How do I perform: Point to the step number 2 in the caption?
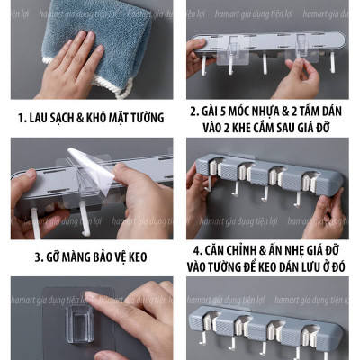tap(193, 111)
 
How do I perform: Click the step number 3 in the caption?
tap(40, 256)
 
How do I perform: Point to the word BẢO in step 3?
tap(118, 256)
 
